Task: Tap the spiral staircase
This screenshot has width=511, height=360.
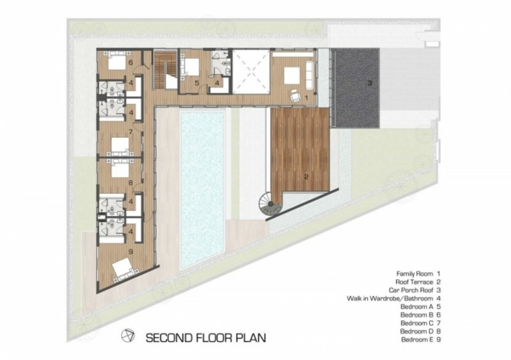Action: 270,204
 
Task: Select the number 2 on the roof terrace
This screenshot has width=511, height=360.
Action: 306,177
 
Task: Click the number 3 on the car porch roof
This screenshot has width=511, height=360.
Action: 370,83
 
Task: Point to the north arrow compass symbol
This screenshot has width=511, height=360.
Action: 128,336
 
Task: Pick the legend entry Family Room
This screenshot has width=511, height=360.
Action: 415,274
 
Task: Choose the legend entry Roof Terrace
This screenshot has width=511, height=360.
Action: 414,283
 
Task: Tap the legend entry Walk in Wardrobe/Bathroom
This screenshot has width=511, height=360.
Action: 390,299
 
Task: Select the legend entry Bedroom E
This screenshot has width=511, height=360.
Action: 416,340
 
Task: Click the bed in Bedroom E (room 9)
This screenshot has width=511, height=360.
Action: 123,270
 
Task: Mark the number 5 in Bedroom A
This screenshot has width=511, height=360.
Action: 197,83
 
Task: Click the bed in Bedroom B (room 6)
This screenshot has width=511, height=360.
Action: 117,61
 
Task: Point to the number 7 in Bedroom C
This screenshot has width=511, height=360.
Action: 130,132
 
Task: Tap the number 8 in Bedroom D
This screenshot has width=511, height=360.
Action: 130,183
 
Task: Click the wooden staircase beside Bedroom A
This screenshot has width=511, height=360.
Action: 164,70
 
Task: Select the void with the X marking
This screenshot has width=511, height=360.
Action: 251,71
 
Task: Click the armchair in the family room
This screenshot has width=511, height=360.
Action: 296,95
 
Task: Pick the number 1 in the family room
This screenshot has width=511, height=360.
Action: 306,97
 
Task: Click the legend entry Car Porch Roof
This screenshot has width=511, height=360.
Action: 411,290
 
